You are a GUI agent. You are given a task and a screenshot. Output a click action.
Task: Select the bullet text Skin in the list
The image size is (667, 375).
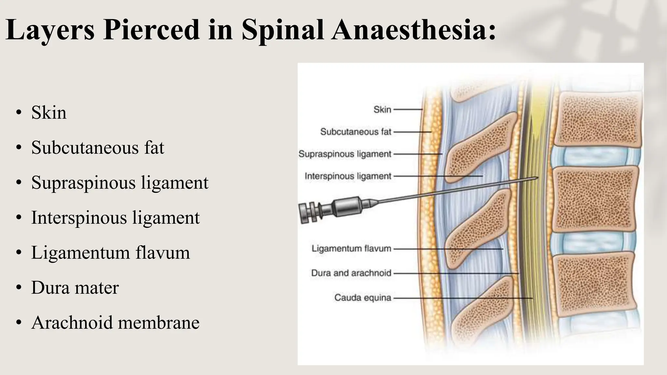[49, 113]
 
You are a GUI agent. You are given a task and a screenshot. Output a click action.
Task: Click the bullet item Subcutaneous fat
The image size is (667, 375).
[98, 147]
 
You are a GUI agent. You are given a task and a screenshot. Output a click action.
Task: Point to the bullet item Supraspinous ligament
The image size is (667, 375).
[120, 182]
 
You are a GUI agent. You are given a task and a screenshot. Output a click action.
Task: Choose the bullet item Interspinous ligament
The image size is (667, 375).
[115, 217]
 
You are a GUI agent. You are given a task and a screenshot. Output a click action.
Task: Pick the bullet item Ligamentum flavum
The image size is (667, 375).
[110, 253]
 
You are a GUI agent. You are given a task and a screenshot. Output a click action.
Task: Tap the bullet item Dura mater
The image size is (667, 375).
[75, 288]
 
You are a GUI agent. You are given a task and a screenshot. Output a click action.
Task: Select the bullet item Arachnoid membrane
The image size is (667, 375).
[115, 323]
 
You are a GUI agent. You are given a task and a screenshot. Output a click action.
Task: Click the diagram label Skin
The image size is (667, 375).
[382, 109]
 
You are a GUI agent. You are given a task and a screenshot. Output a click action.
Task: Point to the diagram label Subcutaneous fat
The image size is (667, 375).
[356, 132]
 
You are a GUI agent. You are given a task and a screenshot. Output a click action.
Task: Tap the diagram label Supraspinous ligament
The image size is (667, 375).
[345, 154]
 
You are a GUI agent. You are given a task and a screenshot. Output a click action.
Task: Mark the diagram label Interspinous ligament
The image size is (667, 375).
[348, 176]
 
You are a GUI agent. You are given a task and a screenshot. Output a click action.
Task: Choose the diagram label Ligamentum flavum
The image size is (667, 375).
[351, 249]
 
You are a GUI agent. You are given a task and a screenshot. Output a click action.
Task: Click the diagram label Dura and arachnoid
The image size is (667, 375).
[351, 273]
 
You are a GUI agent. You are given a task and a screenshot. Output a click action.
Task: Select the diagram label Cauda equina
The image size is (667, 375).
[362, 298]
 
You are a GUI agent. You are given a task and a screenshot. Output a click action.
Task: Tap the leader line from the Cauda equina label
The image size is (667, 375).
[462, 298]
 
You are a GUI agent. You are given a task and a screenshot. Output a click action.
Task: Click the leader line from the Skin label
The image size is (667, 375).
[408, 110]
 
